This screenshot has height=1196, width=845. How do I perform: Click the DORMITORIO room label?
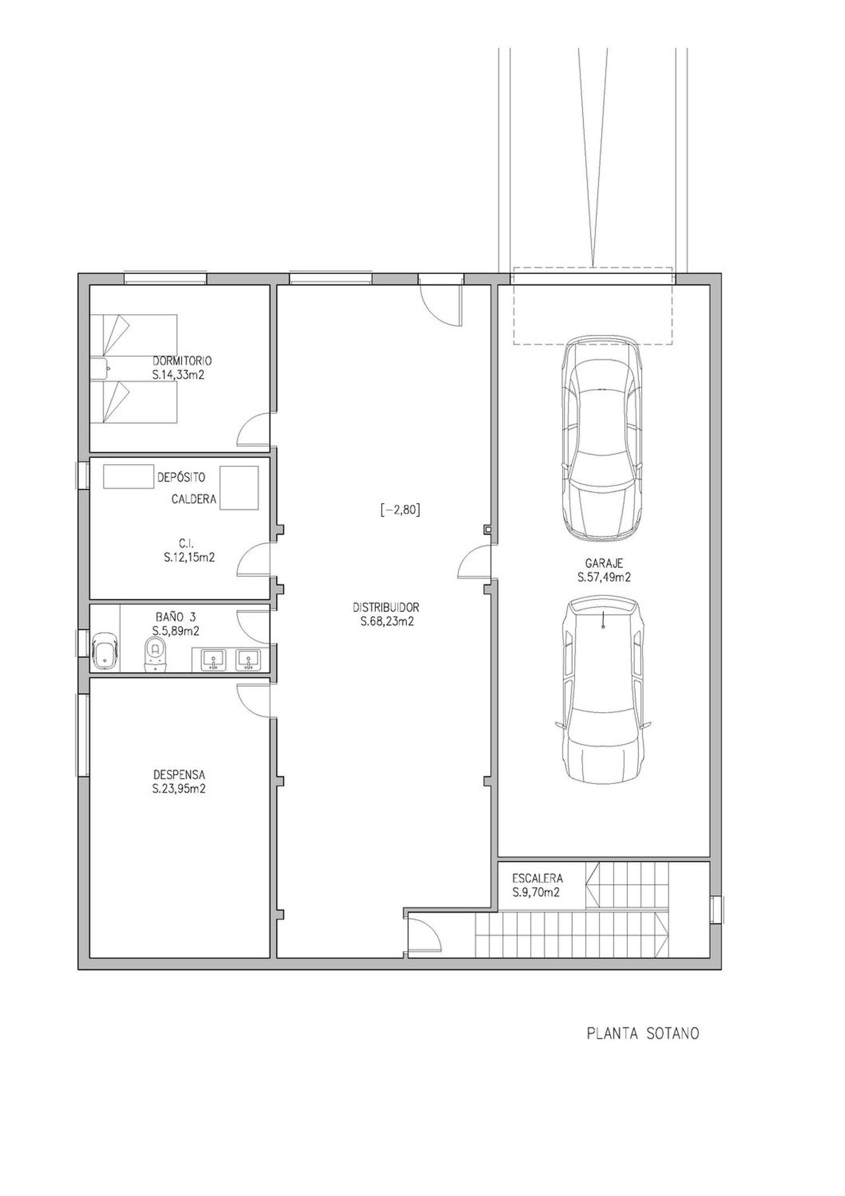[182, 361]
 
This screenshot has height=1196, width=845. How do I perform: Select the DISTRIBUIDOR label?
[386, 608]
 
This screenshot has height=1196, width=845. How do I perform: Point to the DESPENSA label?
[179, 775]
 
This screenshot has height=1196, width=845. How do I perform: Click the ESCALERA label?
[537, 878]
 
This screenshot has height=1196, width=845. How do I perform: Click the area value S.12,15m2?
[189, 558]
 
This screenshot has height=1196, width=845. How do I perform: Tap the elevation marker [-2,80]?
[401, 510]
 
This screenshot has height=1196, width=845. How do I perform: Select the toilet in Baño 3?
[155, 655]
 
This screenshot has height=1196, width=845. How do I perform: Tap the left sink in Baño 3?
[214, 660]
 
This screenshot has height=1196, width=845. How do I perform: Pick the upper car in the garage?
[603, 438]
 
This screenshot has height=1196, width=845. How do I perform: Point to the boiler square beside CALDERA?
[239, 488]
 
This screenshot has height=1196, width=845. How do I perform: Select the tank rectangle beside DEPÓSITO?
[128, 477]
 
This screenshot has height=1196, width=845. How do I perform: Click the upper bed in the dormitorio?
[135, 335]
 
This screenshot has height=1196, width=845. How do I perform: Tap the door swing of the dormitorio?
[252, 428]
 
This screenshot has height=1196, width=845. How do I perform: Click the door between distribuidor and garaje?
[474, 562]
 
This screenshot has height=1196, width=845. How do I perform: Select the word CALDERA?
[194, 499]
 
